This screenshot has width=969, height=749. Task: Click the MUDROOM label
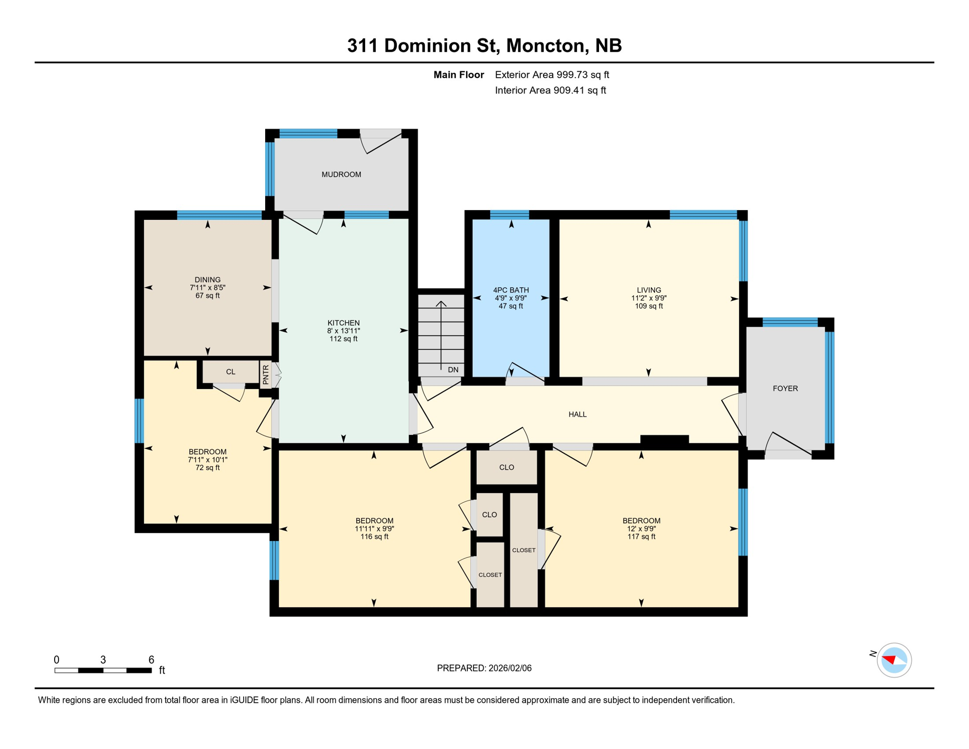pyautogui.click(x=341, y=175)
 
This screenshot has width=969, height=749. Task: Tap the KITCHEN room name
pyautogui.click(x=344, y=323)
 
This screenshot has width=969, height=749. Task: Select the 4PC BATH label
pyautogui.click(x=511, y=290)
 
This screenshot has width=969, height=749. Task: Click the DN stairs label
pyautogui.click(x=453, y=370)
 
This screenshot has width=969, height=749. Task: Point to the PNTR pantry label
pyautogui.click(x=266, y=375)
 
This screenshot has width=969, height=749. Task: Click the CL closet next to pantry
pyautogui.click(x=231, y=372)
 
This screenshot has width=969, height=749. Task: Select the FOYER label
pyautogui.click(x=785, y=389)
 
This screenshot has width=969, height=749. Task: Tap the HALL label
pyautogui.click(x=578, y=414)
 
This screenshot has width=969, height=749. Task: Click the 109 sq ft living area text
pyautogui.click(x=649, y=306)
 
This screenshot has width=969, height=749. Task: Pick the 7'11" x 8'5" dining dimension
pyautogui.click(x=208, y=288)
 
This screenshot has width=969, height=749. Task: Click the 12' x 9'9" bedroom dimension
pyautogui.click(x=641, y=529)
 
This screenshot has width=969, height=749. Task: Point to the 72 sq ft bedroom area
pyautogui.click(x=208, y=468)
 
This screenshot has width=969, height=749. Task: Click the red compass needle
pyautogui.click(x=890, y=659)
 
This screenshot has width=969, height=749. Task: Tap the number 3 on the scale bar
pyautogui.click(x=103, y=660)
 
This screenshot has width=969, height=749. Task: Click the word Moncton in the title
pyautogui.click(x=545, y=45)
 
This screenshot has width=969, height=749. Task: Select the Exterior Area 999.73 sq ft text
pyautogui.click(x=552, y=75)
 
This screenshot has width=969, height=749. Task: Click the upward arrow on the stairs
pyautogui.click(x=441, y=304)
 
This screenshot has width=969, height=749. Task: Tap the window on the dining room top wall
pyautogui.click(x=219, y=215)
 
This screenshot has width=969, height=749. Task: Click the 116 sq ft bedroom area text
pyautogui.click(x=374, y=537)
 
